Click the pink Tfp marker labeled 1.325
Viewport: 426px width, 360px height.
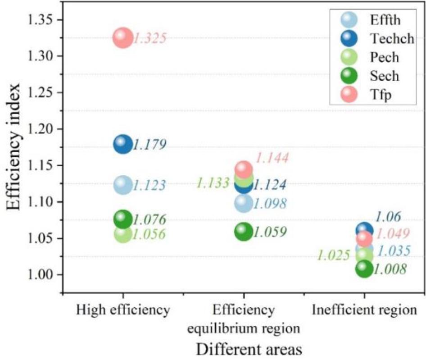coord(122,37)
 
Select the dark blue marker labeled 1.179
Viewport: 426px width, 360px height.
coord(122,144)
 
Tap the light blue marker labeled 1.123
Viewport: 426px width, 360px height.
coord(122,185)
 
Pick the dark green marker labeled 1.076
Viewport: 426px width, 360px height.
coord(122,219)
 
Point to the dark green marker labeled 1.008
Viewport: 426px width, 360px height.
coord(364,269)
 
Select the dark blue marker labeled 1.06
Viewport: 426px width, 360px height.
coord(364,230)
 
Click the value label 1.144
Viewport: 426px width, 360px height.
coord(272,158)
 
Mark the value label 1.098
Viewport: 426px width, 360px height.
coord(269,204)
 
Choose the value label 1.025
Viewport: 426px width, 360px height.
coord(333,255)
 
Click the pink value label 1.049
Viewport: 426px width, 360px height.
coord(393,234)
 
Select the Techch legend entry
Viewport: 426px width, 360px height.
coord(376,38)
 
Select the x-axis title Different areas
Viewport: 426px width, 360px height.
coord(243,349)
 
